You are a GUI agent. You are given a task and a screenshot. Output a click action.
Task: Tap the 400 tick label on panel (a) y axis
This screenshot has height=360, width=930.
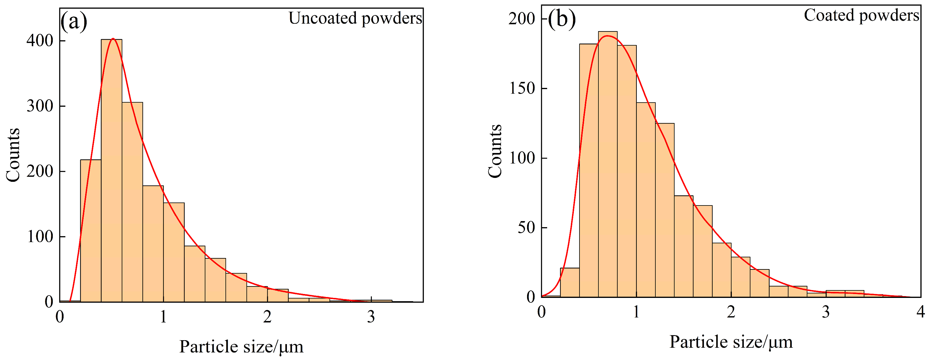coord(40,41)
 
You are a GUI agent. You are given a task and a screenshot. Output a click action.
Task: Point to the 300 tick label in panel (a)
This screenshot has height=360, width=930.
coord(40,106)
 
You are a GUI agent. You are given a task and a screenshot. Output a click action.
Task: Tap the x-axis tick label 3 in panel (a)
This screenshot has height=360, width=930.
coord(371,317)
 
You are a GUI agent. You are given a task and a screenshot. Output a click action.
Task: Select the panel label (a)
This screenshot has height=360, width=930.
coord(74,22)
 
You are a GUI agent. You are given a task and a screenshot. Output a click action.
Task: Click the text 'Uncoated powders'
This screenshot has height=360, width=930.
coord(355,18)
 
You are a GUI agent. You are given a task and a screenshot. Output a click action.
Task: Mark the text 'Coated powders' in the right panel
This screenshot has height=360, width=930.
coord(861,15)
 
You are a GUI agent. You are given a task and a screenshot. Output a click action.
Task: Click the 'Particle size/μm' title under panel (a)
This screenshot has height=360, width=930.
coord(241,346)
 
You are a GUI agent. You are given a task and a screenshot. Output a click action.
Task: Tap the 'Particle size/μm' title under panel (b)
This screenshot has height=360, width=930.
coord(731,342)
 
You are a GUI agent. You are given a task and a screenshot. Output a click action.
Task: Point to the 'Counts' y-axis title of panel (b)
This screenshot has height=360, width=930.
coord(495,151)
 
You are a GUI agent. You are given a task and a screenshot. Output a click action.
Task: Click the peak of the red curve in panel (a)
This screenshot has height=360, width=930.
coord(113,39)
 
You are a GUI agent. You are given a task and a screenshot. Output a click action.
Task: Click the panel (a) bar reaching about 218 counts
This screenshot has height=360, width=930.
coord(91,231)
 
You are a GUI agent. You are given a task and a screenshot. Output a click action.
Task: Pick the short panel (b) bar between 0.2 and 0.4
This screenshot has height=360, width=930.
coord(570,283)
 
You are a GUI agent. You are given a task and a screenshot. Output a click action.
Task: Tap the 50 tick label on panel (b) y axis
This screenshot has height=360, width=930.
coord(526,228)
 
